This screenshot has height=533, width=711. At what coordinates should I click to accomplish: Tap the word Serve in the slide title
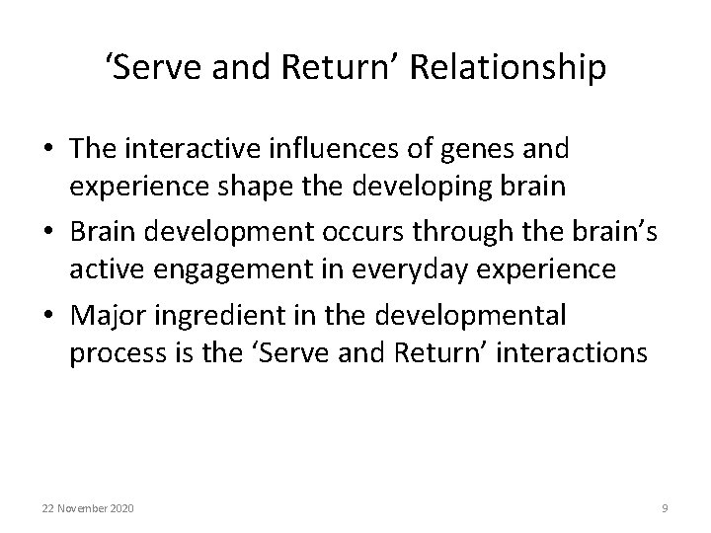[153, 70]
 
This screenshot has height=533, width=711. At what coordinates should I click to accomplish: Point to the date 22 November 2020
[89, 508]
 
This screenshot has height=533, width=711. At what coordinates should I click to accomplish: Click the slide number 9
[665, 508]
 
